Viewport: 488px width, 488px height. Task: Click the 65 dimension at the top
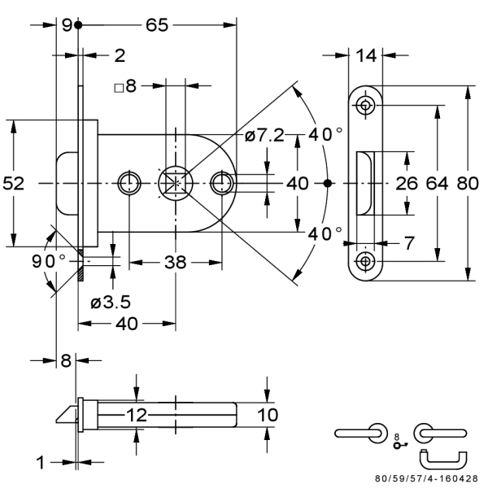click(157, 25)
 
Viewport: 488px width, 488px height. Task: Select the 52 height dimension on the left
click(13, 183)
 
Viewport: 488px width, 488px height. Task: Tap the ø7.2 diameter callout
click(264, 135)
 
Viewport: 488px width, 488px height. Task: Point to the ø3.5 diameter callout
click(111, 302)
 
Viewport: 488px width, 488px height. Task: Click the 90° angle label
click(49, 261)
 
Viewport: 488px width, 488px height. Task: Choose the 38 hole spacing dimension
click(175, 263)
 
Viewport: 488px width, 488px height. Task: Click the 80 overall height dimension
click(468, 183)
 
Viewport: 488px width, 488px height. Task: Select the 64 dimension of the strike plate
click(437, 183)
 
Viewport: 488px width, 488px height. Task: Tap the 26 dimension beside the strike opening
click(407, 183)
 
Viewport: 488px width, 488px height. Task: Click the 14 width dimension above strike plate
click(366, 55)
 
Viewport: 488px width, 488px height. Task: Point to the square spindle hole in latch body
click(176, 183)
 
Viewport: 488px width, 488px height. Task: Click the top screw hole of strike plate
click(365, 105)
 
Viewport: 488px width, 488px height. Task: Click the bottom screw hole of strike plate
click(365, 261)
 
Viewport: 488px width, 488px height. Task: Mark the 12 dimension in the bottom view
click(137, 415)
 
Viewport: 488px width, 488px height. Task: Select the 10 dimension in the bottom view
click(268, 415)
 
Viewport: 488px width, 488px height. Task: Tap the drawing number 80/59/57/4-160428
click(427, 478)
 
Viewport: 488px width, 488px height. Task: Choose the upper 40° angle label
click(325, 134)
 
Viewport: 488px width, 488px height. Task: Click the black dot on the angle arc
click(328, 183)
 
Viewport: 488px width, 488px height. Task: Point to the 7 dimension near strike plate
click(409, 242)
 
